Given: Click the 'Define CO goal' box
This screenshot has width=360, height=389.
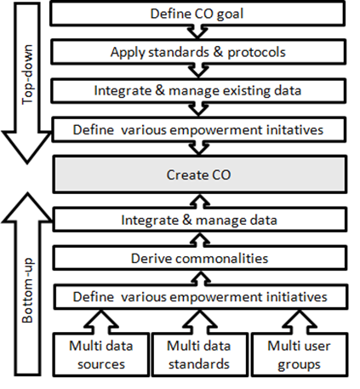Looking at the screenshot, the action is click(x=197, y=14).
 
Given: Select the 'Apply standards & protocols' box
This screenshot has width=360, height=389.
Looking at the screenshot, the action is click(x=198, y=52).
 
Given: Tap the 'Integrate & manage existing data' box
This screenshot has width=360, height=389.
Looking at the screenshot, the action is click(x=198, y=90).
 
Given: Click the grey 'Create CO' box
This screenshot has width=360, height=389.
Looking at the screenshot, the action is click(x=200, y=174).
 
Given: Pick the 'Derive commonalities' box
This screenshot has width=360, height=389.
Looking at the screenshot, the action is click(x=200, y=258).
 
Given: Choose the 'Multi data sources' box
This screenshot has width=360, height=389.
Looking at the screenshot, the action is click(x=101, y=355).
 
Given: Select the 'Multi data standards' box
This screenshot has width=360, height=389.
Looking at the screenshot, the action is click(x=199, y=355).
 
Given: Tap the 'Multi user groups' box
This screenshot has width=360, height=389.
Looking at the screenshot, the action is click(x=300, y=355).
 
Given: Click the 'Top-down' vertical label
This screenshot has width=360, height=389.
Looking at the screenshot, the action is click(x=28, y=74).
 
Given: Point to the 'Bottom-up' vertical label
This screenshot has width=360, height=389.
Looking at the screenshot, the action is click(x=28, y=290).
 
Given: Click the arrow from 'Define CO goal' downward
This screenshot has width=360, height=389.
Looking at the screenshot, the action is click(x=197, y=31).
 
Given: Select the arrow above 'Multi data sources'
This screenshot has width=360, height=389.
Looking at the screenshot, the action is click(x=101, y=322).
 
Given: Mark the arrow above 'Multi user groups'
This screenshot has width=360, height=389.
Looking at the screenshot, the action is click(x=300, y=322).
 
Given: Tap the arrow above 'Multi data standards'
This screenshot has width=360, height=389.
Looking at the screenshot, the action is click(x=199, y=322).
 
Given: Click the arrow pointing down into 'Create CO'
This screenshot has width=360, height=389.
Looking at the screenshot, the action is click(x=199, y=148).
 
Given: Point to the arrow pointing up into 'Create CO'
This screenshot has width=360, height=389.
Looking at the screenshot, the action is click(x=200, y=201).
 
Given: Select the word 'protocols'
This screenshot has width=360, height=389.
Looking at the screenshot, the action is click(x=256, y=53).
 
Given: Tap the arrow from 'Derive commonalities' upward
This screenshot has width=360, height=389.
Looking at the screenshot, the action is click(x=200, y=239).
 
